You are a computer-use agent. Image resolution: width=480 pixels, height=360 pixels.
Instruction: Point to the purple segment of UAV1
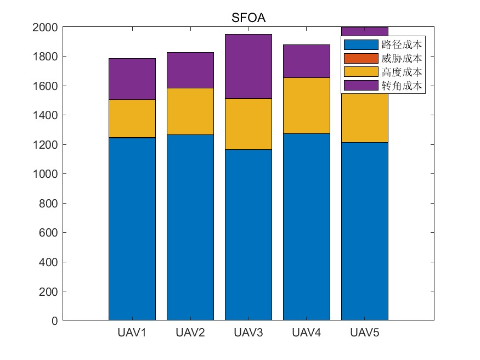pos(132,79)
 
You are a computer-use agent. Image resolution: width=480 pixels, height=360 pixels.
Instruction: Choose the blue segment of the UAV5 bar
pos(364,230)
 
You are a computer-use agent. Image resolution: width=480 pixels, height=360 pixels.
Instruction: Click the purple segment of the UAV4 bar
pos(306,61)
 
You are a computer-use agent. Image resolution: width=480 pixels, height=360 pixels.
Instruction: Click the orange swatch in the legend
pos(361,58)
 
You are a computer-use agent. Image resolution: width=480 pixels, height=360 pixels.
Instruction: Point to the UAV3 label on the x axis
pos(248,333)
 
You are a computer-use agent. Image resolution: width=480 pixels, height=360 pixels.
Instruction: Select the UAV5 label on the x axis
pos(364,333)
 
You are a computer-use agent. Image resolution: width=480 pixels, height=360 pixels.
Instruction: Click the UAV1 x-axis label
pos(132,333)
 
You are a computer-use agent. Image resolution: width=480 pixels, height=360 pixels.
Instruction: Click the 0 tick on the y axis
pos(54,320)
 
